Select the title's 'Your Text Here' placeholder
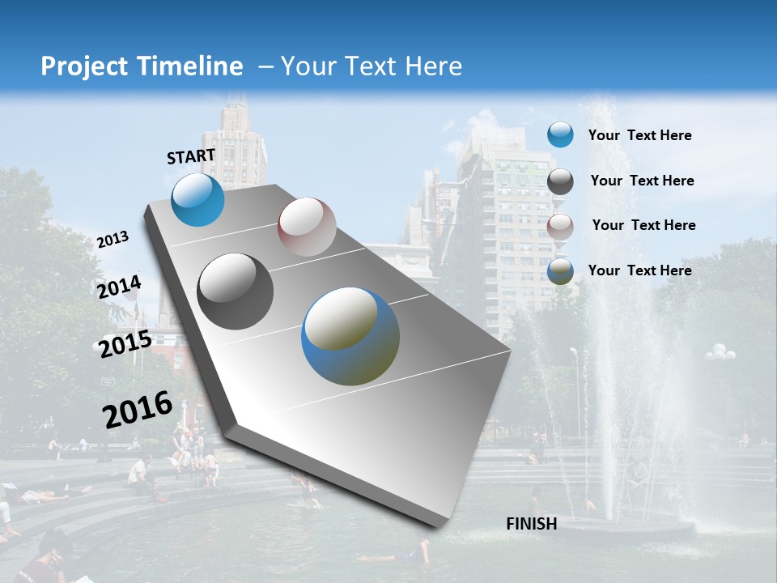(x=372, y=66)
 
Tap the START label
(x=191, y=156)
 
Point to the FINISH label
(x=532, y=524)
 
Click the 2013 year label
(x=113, y=240)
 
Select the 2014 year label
(x=119, y=287)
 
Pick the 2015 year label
(x=125, y=344)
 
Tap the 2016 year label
(x=138, y=410)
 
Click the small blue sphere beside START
(x=197, y=199)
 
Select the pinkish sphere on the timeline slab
(x=307, y=227)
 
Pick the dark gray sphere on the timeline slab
(x=236, y=291)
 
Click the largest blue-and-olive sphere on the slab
(x=350, y=336)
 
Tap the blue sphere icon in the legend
(x=560, y=134)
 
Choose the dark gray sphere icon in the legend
(x=560, y=181)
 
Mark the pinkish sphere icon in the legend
(x=560, y=227)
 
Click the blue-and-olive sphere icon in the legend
(x=560, y=272)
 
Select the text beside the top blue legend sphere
(x=639, y=136)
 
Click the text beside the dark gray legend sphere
(x=642, y=181)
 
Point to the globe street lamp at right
(x=720, y=353)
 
